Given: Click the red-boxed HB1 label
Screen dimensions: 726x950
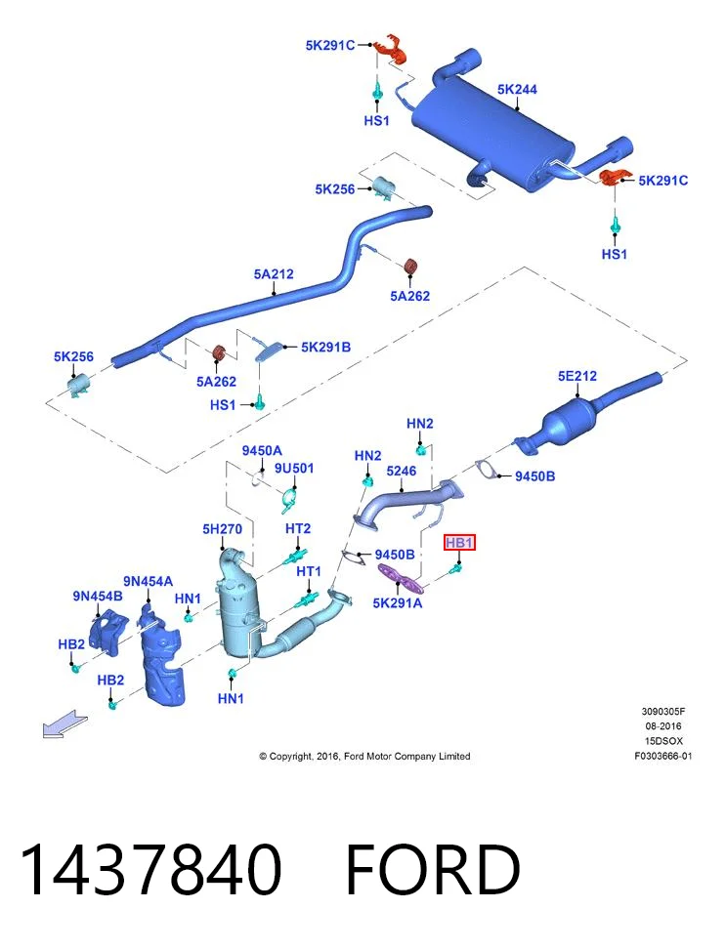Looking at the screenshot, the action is click(x=459, y=542).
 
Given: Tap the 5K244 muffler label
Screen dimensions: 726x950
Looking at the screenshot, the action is click(x=517, y=90).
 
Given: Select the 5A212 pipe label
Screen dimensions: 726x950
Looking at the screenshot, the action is click(x=274, y=274).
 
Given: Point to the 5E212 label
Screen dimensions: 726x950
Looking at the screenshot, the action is click(x=577, y=376).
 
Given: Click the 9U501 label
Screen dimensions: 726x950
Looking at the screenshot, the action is click(x=294, y=469).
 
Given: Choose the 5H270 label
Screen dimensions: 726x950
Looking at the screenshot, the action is click(x=222, y=529).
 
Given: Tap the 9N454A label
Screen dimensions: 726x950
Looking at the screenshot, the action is click(x=148, y=582).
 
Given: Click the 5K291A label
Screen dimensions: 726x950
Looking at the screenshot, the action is click(x=398, y=602).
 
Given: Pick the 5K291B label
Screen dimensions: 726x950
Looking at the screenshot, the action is click(x=325, y=348).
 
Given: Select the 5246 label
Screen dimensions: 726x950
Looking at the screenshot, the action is click(x=402, y=471).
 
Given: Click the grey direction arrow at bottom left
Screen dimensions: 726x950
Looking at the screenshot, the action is click(x=64, y=723).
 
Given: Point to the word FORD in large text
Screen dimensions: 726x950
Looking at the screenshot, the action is click(x=433, y=870).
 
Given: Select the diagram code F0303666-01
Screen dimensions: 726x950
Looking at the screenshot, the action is click(x=662, y=756).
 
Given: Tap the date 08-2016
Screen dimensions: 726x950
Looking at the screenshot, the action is click(x=662, y=725).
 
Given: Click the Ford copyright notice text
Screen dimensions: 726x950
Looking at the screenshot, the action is click(x=364, y=756).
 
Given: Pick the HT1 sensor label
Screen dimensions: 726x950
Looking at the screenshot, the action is click(x=309, y=571).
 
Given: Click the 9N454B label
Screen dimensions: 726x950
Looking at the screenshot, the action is click(x=98, y=597).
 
